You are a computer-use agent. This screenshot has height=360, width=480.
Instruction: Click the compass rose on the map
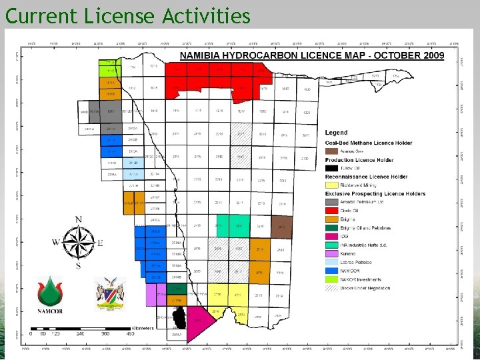(x=79, y=243)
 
